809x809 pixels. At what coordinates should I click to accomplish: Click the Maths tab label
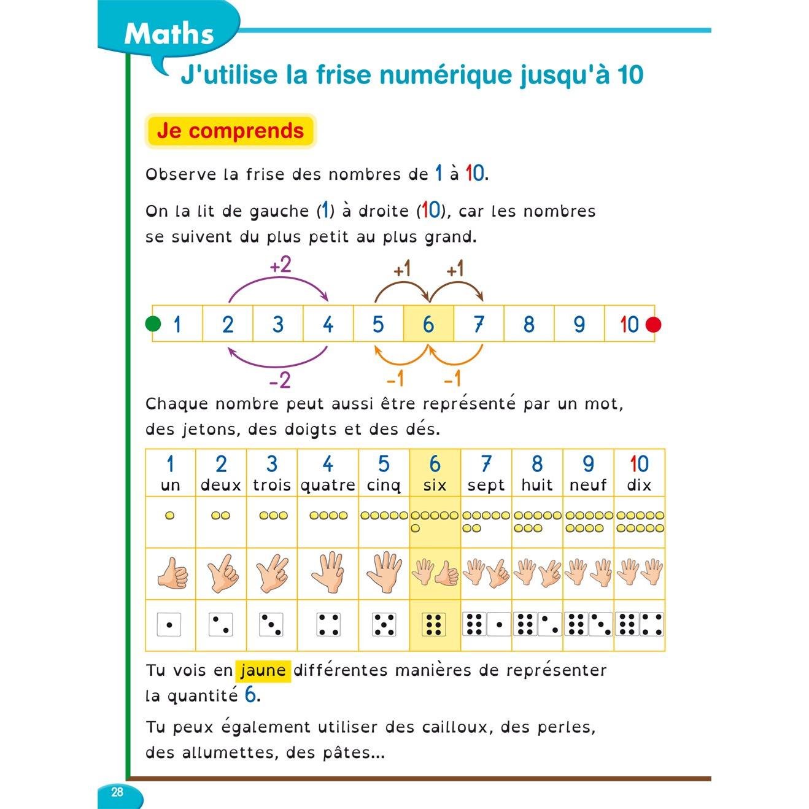[x=169, y=34]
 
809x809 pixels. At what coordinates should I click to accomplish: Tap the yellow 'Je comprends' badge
[x=230, y=131]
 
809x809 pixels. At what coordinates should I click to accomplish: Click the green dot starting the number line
[x=153, y=323]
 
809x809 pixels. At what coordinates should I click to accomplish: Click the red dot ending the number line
[x=654, y=324]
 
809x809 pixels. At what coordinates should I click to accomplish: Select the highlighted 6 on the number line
[x=428, y=324]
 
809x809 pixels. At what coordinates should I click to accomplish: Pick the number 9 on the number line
[x=579, y=324]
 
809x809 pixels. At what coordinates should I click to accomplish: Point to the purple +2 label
[x=281, y=266]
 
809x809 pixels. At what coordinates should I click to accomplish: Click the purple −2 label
[x=279, y=381]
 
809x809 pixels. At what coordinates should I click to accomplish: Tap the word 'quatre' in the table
[x=328, y=486]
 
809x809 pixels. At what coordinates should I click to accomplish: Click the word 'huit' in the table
[x=537, y=485]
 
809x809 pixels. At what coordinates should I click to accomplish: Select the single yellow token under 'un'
[x=170, y=516]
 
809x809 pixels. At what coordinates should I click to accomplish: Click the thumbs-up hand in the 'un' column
[x=172, y=575]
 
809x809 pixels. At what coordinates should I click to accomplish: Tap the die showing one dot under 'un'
[x=169, y=625]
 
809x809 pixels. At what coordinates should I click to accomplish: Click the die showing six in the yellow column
[x=434, y=624]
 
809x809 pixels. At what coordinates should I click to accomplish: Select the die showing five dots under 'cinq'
[x=384, y=625]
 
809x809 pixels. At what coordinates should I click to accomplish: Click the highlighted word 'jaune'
[x=263, y=670]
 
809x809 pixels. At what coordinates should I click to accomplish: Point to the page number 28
[x=117, y=792]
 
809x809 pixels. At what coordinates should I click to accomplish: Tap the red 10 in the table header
[x=639, y=464]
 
